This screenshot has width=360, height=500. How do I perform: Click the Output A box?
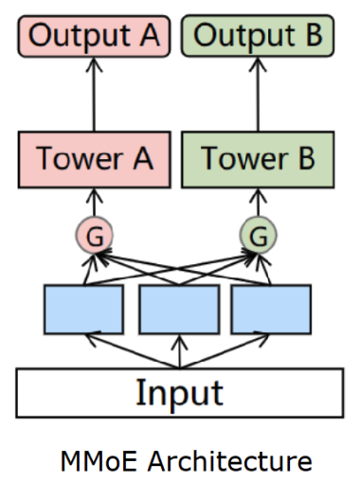pyautogui.click(x=94, y=37)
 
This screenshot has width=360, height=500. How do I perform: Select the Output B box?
pyautogui.click(x=258, y=37)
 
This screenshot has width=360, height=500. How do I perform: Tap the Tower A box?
pyautogui.click(x=94, y=158)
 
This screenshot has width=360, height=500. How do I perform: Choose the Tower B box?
pyautogui.click(x=258, y=158)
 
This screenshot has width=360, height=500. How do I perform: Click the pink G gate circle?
pyautogui.click(x=94, y=233)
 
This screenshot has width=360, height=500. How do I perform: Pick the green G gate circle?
pyautogui.click(x=258, y=233)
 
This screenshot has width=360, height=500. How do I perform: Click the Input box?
pyautogui.click(x=179, y=392)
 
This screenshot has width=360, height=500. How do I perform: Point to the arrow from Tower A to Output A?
pyautogui.click(x=94, y=95)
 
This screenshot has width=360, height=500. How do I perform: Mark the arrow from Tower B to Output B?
pyautogui.click(x=258, y=95)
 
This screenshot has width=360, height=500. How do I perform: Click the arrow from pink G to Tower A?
pyautogui.click(x=94, y=202)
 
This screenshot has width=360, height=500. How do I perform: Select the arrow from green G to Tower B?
pyautogui.click(x=258, y=202)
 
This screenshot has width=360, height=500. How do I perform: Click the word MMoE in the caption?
pyautogui.click(x=91, y=461)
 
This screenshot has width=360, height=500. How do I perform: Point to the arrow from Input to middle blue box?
pyautogui.click(x=179, y=351)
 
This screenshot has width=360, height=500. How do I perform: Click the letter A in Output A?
pyautogui.click(x=149, y=37)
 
